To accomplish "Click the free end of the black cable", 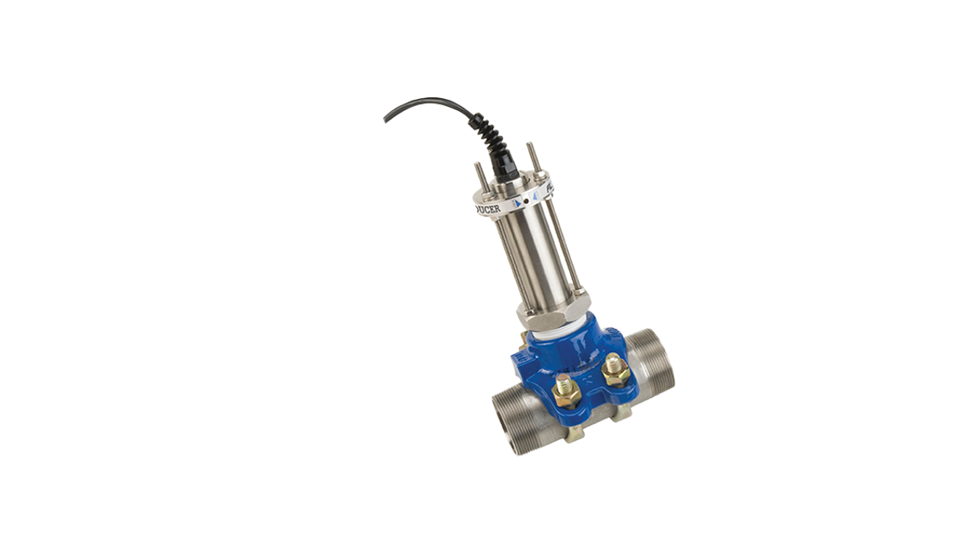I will pos(384,121).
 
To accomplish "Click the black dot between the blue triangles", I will pos(526,199).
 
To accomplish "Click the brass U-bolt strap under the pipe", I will pos(583,435).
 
